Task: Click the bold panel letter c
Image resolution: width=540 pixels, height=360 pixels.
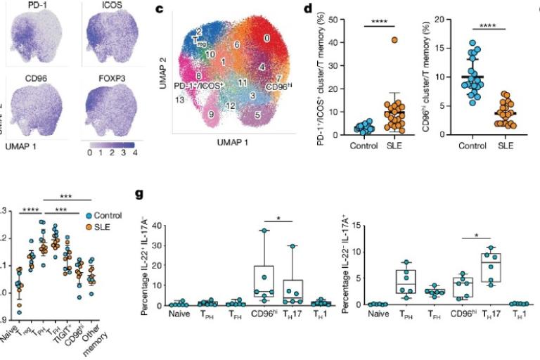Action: (159, 9)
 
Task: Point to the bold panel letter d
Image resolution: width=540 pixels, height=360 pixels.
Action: (307, 9)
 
